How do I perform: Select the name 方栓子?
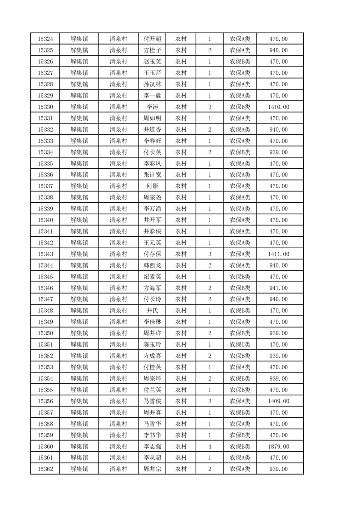(152, 50)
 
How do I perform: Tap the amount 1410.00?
(278, 107)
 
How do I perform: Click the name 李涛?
(152, 107)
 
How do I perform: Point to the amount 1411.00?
(278, 254)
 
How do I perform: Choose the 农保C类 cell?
(240, 344)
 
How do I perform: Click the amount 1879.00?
(278, 446)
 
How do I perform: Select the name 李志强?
(152, 446)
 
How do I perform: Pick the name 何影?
(152, 186)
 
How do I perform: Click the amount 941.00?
(278, 288)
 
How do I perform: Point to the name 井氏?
(152, 311)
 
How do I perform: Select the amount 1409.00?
(278, 401)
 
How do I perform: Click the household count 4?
(209, 446)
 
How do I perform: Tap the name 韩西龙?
(152, 265)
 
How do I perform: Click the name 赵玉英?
(152, 62)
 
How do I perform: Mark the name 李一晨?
(152, 96)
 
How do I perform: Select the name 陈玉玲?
(152, 344)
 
